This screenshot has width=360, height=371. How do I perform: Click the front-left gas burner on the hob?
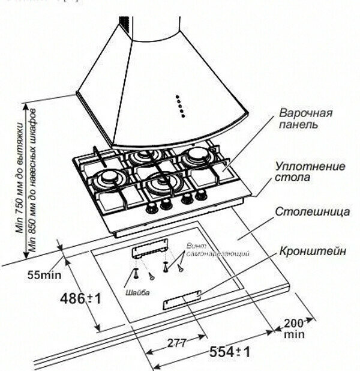point(110,178)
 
